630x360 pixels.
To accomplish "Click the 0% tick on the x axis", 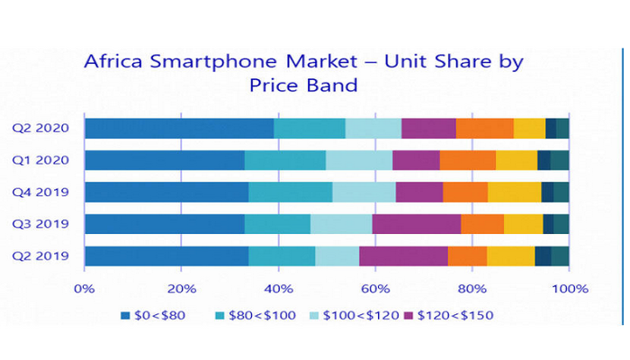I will pos(85,289).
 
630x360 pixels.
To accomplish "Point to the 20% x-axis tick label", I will pos(181,289).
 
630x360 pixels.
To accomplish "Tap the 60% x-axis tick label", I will pos(375,289).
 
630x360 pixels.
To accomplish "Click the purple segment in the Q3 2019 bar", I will pos(416,224).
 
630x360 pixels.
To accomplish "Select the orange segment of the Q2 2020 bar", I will pos(484,128).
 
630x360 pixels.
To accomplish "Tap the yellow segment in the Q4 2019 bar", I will pos(514,192).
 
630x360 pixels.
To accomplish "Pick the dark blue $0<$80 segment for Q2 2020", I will pos(179,128).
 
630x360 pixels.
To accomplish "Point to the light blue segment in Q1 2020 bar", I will pos(359,160).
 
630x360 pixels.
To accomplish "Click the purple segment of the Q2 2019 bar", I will pos(403,256).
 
